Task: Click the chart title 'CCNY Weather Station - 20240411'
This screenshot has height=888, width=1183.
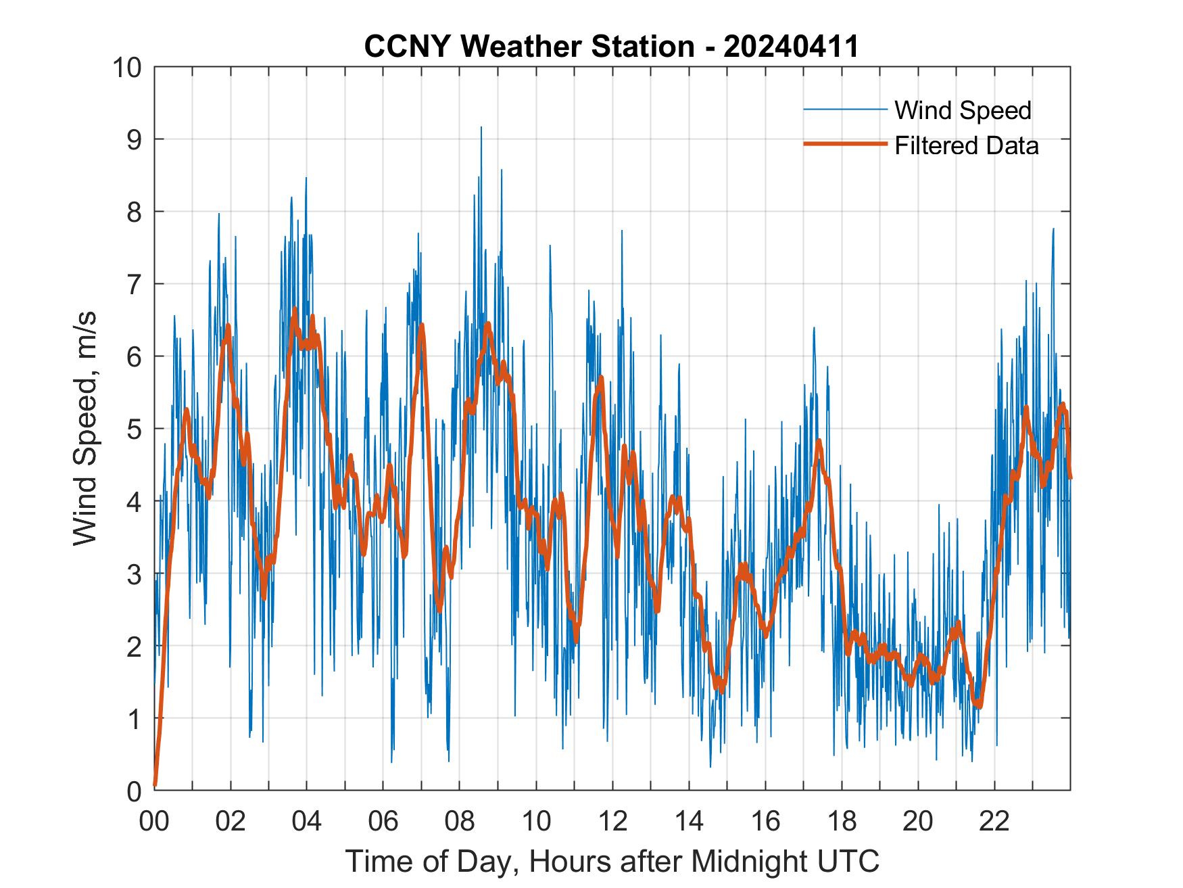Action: pos(611,47)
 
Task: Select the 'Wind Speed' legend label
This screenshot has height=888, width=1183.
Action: pos(963,110)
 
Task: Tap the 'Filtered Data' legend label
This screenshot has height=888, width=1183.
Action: pos(966,145)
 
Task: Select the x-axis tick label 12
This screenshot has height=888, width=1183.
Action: pos(612,821)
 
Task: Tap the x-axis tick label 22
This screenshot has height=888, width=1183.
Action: pos(994,821)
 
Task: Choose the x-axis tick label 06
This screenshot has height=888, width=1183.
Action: pos(383,821)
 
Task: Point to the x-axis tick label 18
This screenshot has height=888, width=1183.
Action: pos(842,821)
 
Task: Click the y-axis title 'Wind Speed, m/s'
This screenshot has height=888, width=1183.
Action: pos(85,429)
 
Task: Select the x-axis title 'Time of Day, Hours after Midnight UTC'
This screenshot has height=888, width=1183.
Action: pos(612,862)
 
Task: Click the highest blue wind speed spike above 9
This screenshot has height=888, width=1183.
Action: pos(481,128)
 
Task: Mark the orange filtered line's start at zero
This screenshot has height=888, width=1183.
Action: pos(155,785)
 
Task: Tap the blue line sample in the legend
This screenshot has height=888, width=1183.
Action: pos(844,110)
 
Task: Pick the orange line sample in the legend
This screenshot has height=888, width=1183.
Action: pos(844,144)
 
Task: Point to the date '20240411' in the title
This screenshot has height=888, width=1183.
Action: pos(791,47)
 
